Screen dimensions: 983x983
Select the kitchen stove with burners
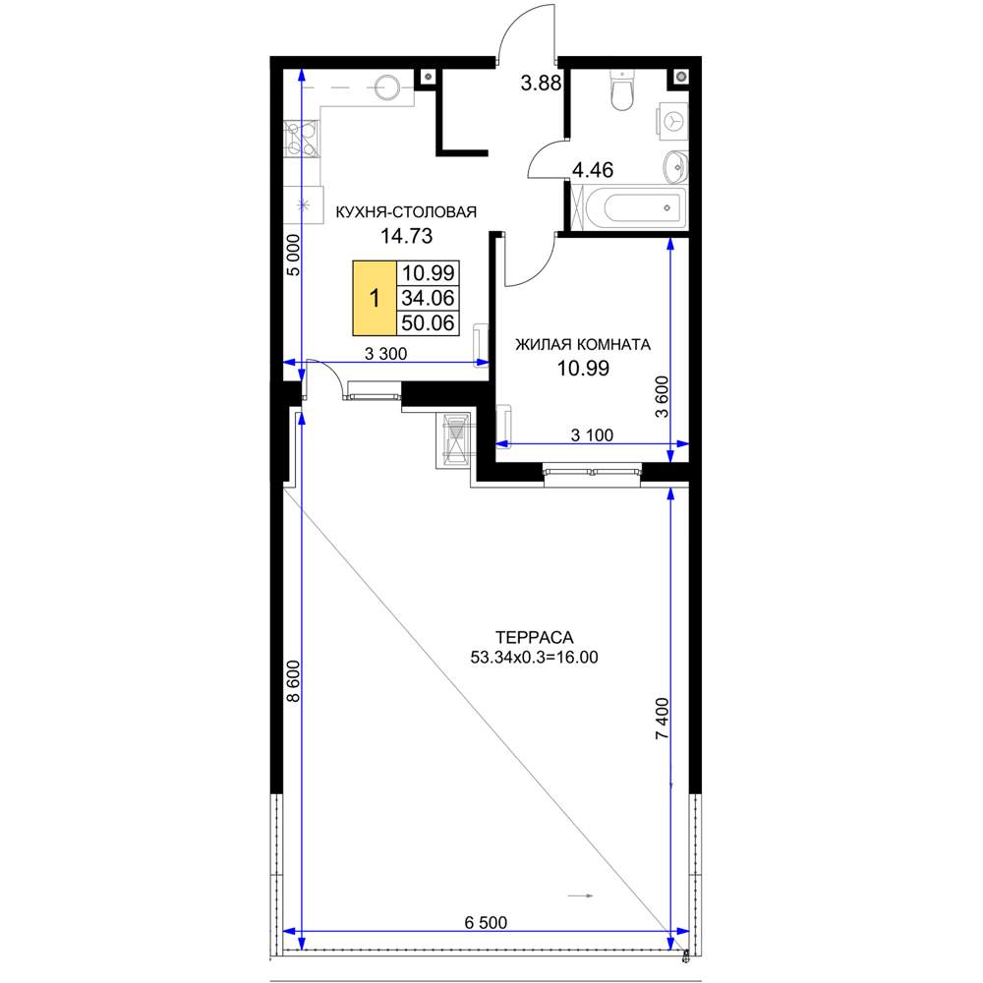[x=301, y=139]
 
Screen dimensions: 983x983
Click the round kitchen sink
[x=386, y=87]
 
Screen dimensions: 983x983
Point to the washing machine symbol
[x=672, y=121]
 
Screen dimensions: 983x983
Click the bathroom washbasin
[x=676, y=167]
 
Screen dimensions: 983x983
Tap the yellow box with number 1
[x=375, y=298]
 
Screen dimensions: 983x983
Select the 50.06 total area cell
[x=429, y=322]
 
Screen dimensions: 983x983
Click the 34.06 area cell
[x=429, y=298]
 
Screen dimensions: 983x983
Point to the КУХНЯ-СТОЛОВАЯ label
[x=406, y=212]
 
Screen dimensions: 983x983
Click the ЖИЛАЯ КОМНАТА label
[x=583, y=344]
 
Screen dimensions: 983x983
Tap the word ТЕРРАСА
[x=534, y=638]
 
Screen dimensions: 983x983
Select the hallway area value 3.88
[x=541, y=83]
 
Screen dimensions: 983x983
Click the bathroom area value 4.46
[x=593, y=170]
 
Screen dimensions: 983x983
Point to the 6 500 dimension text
[x=486, y=922]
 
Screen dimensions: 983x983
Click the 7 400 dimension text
[x=662, y=719]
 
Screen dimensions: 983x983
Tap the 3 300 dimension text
[x=385, y=354]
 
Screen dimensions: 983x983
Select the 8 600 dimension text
[x=293, y=681]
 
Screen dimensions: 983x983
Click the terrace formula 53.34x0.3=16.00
[x=534, y=658]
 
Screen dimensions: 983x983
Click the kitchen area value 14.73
[x=406, y=236]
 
